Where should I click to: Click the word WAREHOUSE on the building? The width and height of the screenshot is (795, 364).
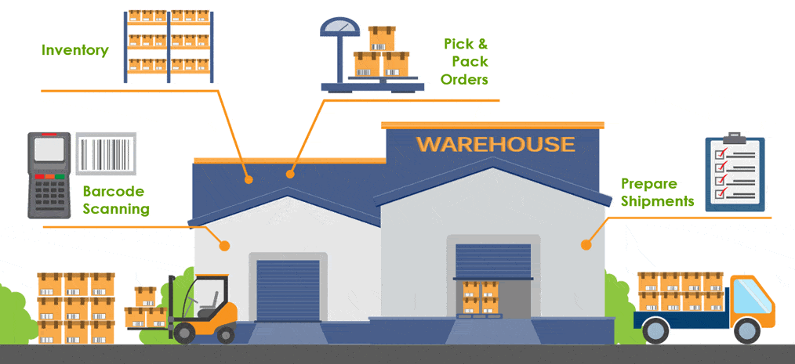[495, 144]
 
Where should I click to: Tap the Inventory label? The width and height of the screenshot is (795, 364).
[74, 50]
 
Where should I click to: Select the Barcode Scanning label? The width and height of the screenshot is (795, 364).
[115, 200]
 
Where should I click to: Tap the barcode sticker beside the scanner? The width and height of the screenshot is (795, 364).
[106, 155]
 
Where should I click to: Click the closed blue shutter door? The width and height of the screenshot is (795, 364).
[288, 290]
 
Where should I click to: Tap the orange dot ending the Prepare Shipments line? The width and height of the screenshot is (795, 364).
[585, 245]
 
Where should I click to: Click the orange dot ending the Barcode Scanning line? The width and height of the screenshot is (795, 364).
[224, 246]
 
